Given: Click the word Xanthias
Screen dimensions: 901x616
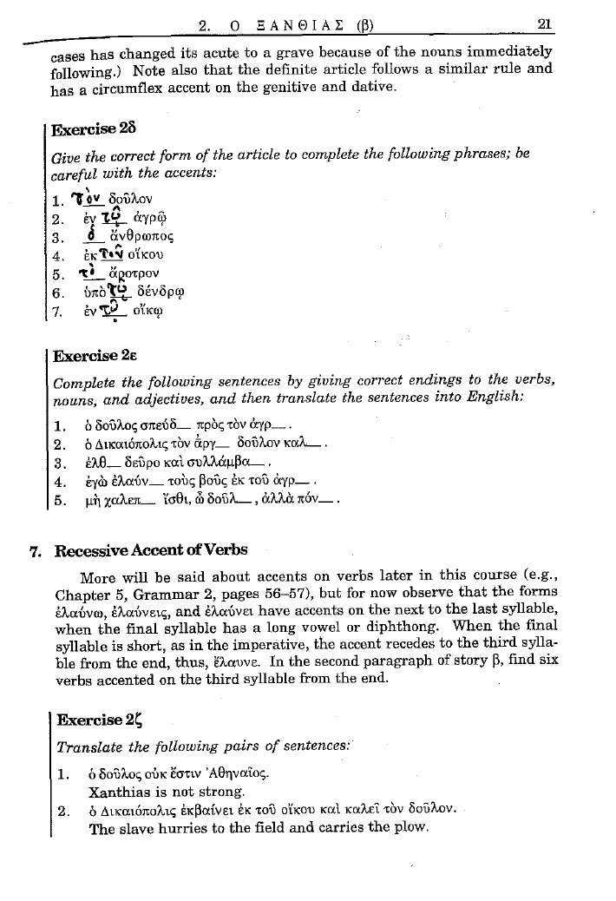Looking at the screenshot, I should [x=118, y=792].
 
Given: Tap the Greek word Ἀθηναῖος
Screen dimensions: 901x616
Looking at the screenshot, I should [x=248, y=773].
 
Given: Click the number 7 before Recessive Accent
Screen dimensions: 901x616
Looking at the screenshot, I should [x=35, y=550].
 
